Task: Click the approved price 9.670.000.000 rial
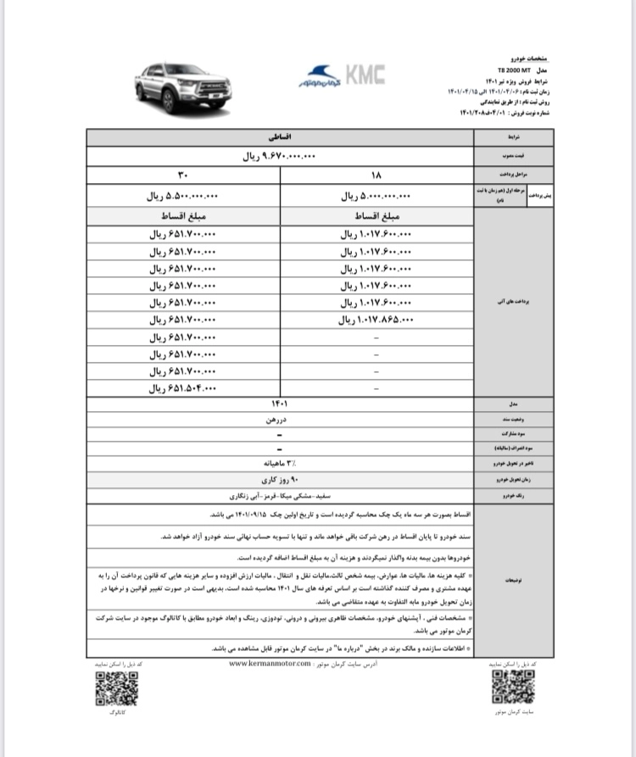coord(279,156)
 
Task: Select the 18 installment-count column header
coord(377,176)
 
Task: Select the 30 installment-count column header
coord(183,176)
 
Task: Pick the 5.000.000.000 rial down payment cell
coord(376,195)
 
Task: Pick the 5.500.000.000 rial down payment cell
coord(183,195)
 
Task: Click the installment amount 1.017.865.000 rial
coord(376,320)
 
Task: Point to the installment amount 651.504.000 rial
coord(183,389)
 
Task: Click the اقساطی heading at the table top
coord(279,136)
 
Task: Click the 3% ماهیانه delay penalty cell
coord(279,463)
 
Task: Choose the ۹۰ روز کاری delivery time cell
coord(279,479)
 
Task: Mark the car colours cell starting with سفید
coord(279,494)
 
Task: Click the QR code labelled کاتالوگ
coord(116,689)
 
